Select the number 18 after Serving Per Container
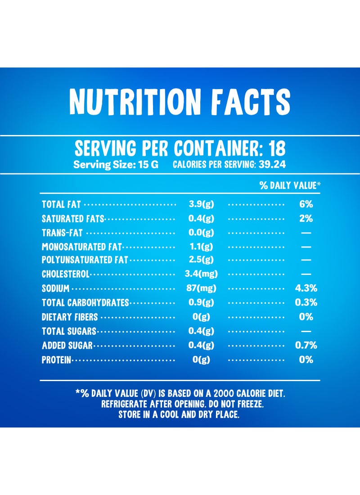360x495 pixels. coord(277,148)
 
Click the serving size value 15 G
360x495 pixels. coord(148,164)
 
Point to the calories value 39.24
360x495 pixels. coord(272,164)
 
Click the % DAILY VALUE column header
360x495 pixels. coord(290,185)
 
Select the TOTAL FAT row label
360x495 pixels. coord(61,204)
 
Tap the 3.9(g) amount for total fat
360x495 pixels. coord(201,204)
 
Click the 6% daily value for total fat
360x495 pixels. coord(306,204)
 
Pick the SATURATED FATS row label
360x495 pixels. coord(73,218)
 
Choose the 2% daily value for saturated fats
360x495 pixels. coord(306,218)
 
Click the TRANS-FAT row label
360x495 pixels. coord(62,233)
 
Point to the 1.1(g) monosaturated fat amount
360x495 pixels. coord(201,247)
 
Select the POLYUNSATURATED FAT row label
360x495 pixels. coord(85,260)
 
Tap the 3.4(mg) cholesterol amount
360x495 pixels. coord(201,274)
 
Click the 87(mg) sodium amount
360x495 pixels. coord(201,288)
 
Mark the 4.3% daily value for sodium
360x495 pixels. coord(306,288)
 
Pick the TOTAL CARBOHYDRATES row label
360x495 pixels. coord(85,303)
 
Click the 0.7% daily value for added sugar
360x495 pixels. coord(306,345)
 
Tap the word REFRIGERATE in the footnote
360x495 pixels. coord(125,404)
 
